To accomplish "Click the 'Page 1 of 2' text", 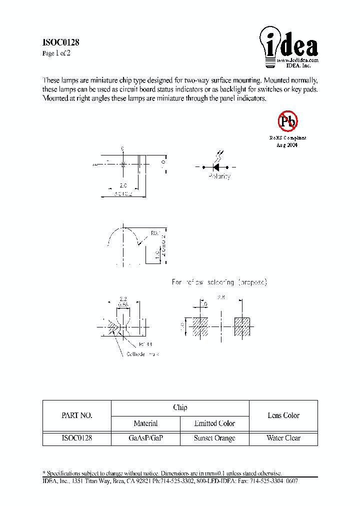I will pos(56,53).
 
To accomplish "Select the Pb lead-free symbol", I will pos(287,120).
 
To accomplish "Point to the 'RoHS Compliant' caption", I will pos(287,138).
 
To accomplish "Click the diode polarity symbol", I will pos(218,166).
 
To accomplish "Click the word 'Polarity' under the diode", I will pos(219,176).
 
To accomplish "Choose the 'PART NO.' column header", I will pos(76,415).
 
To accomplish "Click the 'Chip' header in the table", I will pos(180,407).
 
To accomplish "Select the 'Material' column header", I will pos(145,423).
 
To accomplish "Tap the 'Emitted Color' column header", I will pos(214,423).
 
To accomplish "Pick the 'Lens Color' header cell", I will pos(283,415).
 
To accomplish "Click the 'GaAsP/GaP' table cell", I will pos(145,438).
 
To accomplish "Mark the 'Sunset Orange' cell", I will pos(214,438).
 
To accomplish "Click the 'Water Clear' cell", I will pos(283,438).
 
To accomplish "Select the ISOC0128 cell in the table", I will pos(76,438).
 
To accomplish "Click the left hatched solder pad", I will pos(200,326).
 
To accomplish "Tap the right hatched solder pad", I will pos(242,326).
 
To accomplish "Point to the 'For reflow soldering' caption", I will pos(219,282).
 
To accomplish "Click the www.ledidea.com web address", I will pos(298,60).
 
